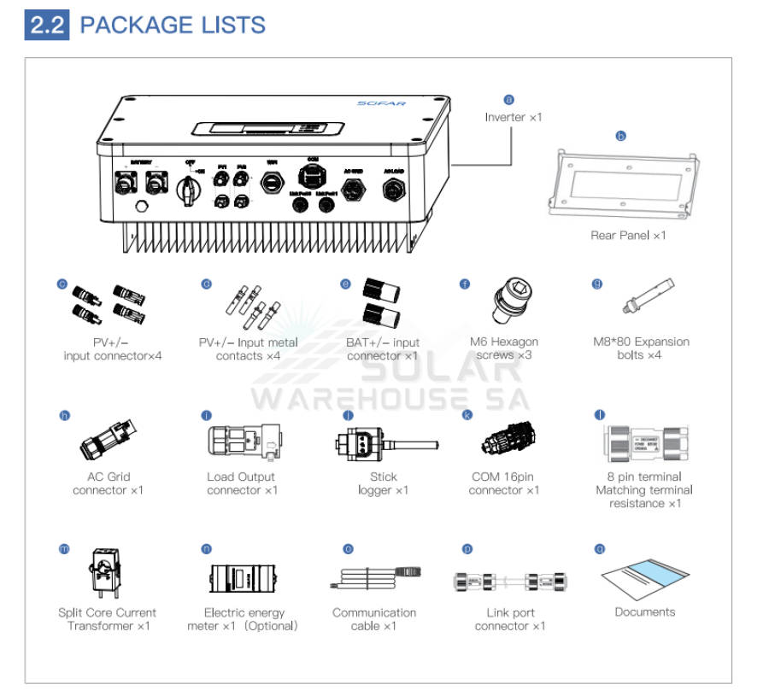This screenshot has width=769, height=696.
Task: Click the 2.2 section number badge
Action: [x=47, y=25]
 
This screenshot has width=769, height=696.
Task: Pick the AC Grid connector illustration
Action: [x=108, y=437]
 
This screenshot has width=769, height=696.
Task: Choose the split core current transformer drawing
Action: [x=107, y=573]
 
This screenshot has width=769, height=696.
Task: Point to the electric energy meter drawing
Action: [x=242, y=579]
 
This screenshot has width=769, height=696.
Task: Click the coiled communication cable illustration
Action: [x=374, y=578]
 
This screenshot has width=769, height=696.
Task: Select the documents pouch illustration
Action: [x=644, y=577]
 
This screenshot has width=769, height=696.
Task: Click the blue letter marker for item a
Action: [x=509, y=100]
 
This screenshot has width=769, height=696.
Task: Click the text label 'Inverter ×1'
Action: [x=514, y=117]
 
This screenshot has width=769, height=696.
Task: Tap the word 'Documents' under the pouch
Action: [x=644, y=611]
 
